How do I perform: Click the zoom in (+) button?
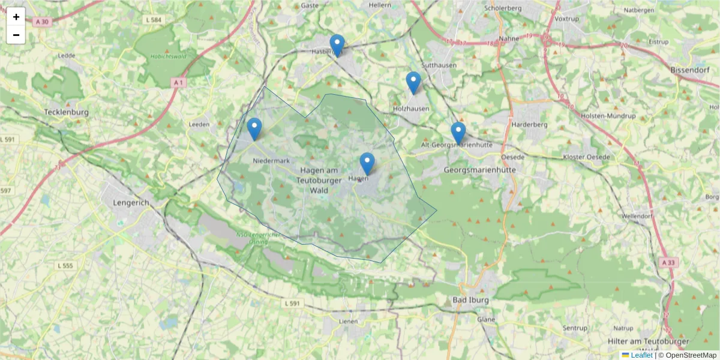[x=16, y=17]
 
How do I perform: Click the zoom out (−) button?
[x=16, y=35]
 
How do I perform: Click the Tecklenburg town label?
[x=67, y=112]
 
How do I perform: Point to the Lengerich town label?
[x=131, y=203]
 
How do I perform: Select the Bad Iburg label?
[x=471, y=299]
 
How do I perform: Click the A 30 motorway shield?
[x=41, y=22]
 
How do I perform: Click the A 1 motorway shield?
[x=176, y=82]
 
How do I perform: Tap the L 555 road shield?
[x=65, y=265]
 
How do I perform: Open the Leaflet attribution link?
[x=641, y=355]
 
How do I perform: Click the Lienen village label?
[x=348, y=321]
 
